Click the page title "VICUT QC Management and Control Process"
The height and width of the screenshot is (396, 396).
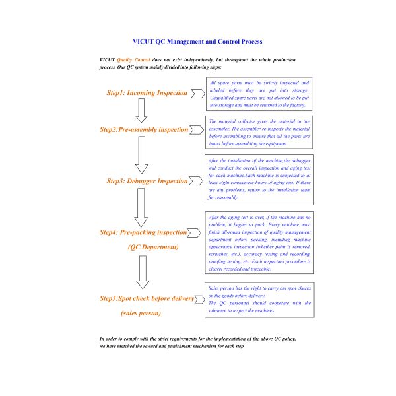click(x=197, y=42)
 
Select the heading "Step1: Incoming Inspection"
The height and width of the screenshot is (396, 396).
click(x=147, y=93)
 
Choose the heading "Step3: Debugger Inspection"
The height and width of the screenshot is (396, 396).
click(x=147, y=181)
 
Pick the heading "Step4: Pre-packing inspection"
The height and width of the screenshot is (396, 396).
click(x=143, y=233)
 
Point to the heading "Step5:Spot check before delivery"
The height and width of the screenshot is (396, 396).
click(x=147, y=298)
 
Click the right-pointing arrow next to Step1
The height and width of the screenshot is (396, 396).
click(x=197, y=93)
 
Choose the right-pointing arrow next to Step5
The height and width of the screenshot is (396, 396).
click(x=199, y=298)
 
